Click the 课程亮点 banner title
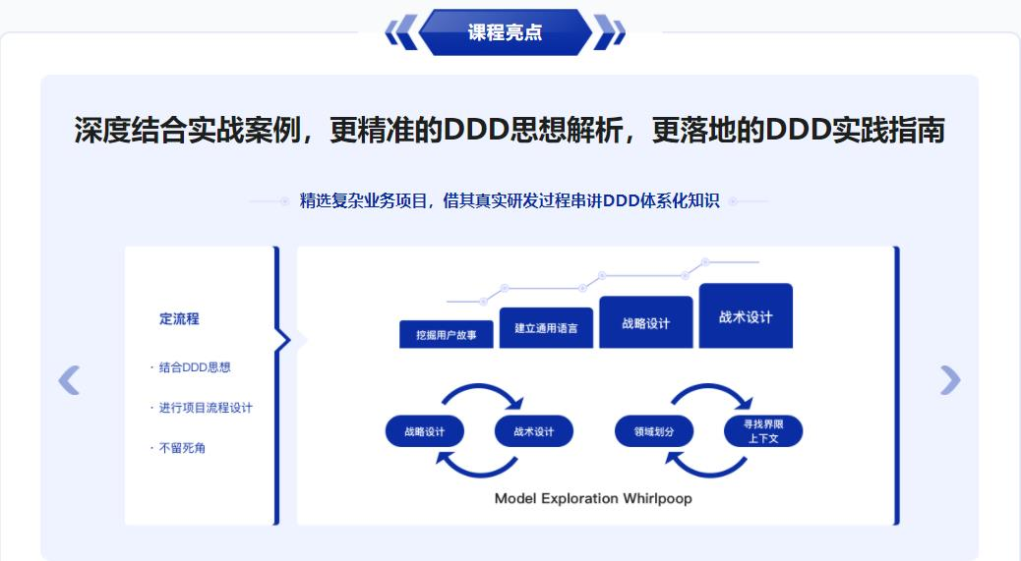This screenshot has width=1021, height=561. (505, 32)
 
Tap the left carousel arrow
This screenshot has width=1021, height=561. (69, 379)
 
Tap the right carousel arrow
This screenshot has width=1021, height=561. (950, 379)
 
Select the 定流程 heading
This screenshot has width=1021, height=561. (179, 318)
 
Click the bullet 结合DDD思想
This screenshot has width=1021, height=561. (194, 367)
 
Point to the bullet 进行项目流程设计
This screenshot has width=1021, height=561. (205, 408)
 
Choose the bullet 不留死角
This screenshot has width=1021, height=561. (182, 448)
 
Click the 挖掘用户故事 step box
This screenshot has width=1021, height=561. (447, 334)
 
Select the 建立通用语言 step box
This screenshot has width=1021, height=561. (546, 328)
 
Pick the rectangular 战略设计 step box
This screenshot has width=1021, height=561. (646, 322)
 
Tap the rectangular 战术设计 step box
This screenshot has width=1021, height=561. (746, 316)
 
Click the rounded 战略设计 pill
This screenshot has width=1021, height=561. (424, 432)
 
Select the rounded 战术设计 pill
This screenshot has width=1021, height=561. (533, 432)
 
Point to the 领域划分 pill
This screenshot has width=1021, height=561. (654, 432)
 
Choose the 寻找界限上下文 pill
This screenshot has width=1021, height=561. (762, 431)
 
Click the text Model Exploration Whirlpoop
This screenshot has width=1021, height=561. (593, 498)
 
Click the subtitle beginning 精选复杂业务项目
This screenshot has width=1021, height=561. (510, 201)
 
